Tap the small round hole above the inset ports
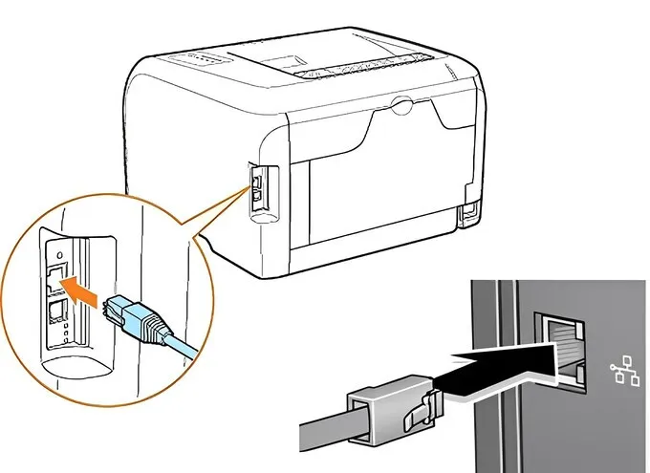coord(58,256)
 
